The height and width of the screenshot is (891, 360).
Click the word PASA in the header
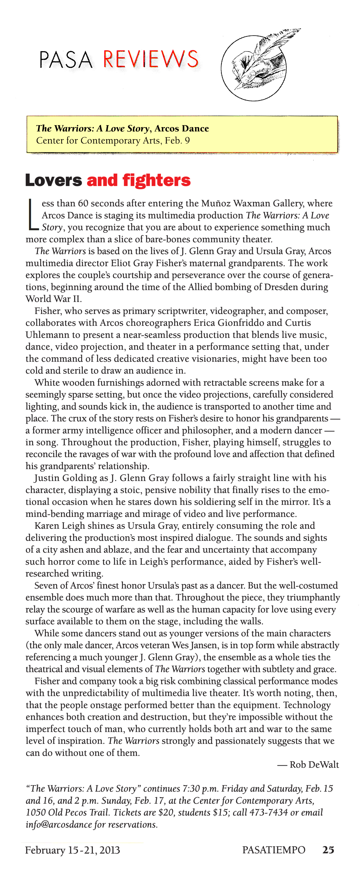click(x=66, y=60)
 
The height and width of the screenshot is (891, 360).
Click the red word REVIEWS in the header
click(x=151, y=59)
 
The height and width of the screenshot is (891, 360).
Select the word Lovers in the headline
click(x=54, y=180)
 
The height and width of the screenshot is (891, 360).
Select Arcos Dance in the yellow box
click(x=182, y=129)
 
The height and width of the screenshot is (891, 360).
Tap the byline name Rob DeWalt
click(x=314, y=765)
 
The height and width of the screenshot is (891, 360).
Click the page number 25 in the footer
click(x=328, y=850)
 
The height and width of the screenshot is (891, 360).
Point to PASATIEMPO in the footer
click(x=274, y=850)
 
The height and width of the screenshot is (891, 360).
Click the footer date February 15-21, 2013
click(x=72, y=850)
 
